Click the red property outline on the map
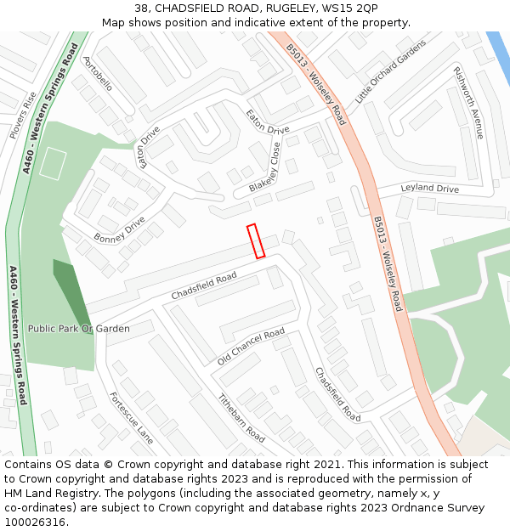[256, 240]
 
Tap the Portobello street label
[98, 75]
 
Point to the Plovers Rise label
[23, 116]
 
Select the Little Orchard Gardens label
[390, 73]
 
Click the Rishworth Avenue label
[467, 103]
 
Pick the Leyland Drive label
[429, 189]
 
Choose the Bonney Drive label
[119, 229]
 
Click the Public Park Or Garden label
[79, 329]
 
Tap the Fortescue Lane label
[132, 418]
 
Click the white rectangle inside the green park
[53, 163]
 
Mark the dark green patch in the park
[71, 284]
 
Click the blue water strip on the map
[497, 56]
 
